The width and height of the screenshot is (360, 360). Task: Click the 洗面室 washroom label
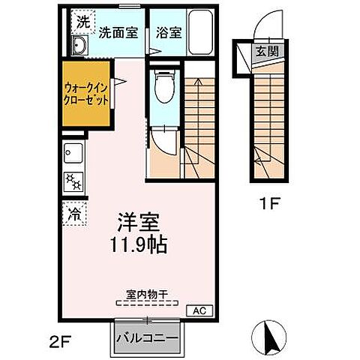point(117,33)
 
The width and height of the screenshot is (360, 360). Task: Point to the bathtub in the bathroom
point(201,32)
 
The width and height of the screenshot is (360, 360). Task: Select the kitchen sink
point(73,156)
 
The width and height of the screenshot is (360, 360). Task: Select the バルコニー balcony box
point(147,338)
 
